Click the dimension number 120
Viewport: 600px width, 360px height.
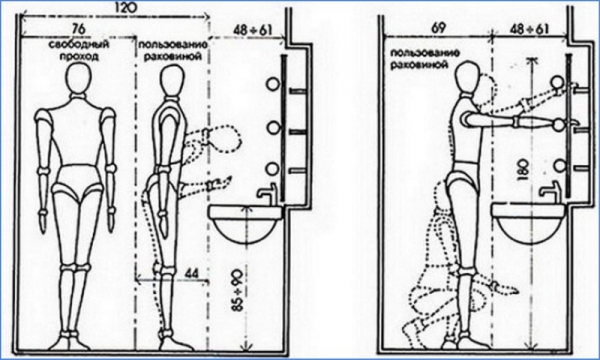click(125, 8)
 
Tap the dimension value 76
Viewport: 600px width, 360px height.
click(77, 28)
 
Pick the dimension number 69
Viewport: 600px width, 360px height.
click(439, 29)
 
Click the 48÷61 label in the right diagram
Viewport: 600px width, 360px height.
click(529, 29)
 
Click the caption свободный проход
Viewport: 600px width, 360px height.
click(79, 50)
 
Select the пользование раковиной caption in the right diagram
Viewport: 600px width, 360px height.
click(419, 59)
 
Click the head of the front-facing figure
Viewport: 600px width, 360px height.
click(79, 78)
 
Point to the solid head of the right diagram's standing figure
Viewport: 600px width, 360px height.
click(468, 76)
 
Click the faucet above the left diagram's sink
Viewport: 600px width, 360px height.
click(268, 192)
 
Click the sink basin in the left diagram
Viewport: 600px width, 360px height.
click(246, 225)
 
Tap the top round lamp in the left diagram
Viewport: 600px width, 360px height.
click(273, 84)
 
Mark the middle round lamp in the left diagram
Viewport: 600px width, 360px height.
click(274, 128)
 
